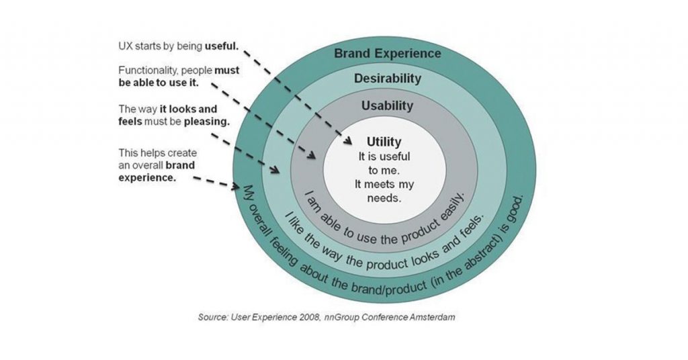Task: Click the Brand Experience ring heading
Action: [388, 53]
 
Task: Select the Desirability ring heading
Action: [388, 79]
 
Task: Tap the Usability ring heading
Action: [387, 105]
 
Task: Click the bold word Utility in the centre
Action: [384, 142]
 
